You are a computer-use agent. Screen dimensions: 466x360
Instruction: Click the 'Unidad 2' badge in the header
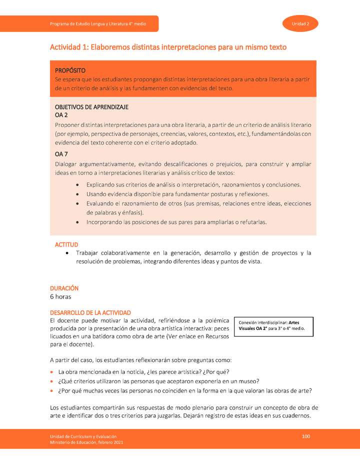300,24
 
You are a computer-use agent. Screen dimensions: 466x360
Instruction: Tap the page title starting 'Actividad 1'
168,47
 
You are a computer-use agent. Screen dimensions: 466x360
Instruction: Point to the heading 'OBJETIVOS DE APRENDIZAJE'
91,107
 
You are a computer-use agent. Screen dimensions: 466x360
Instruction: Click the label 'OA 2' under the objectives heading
61,115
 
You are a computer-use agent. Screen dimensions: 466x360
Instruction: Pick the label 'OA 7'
61,154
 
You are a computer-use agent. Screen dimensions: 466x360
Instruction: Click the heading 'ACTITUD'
66,244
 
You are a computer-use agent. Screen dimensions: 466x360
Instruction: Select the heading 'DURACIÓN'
64,288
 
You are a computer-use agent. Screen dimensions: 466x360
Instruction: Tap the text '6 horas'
61,297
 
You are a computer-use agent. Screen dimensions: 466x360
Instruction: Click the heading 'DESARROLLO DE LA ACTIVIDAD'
90,312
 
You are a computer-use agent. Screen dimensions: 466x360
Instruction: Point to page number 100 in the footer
306,437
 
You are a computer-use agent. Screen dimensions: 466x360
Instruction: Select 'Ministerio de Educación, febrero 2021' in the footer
86,442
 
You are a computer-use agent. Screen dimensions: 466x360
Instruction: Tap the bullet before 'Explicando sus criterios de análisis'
76,185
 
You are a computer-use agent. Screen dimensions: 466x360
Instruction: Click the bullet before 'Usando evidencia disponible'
76,194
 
